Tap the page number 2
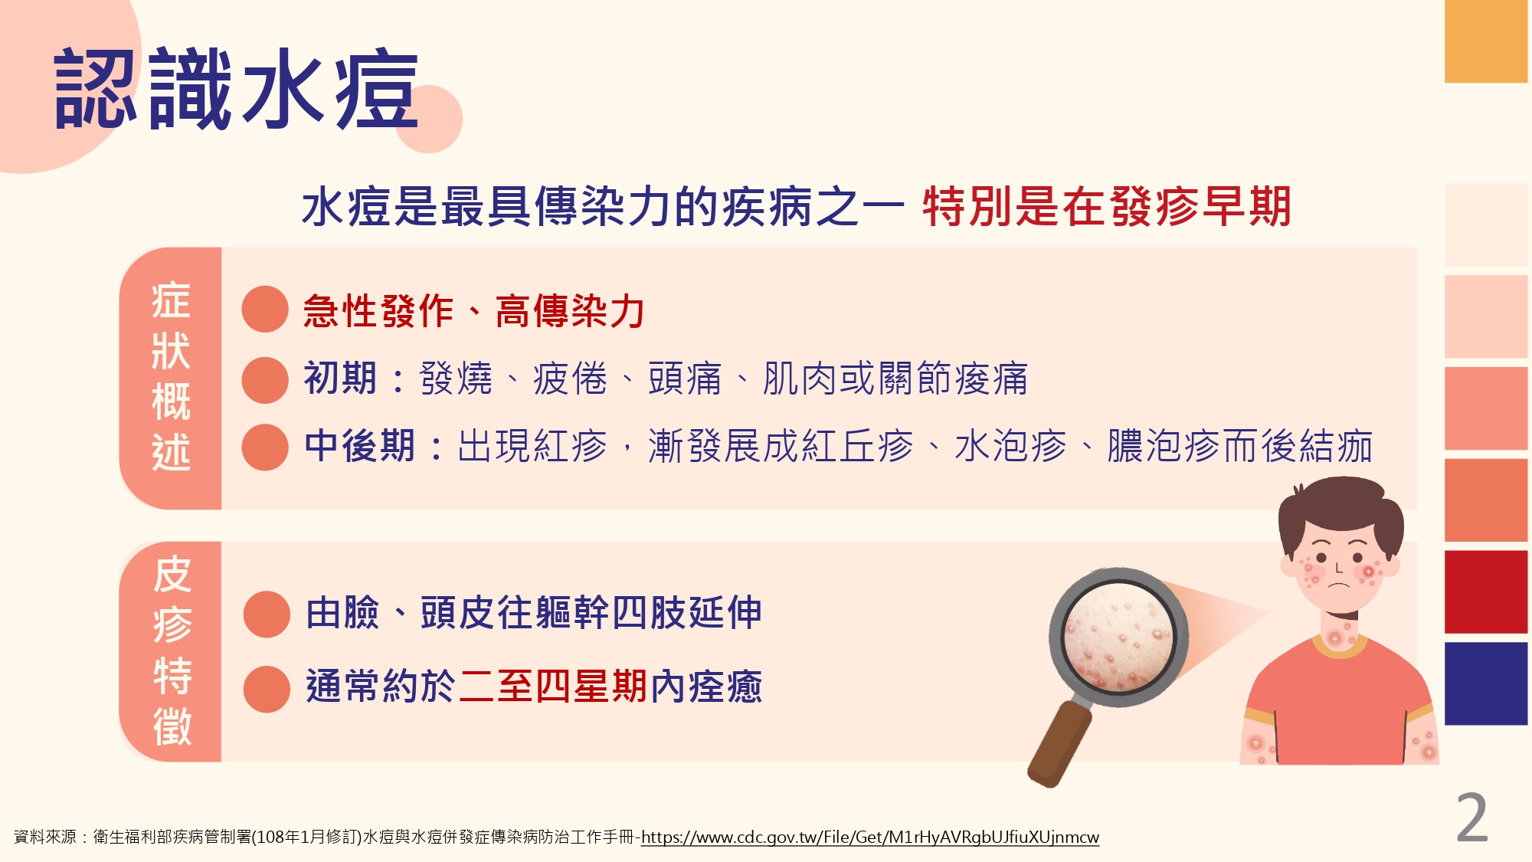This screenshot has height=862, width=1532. pyautogui.click(x=1471, y=818)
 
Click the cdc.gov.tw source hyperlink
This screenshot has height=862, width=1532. pyautogui.click(x=869, y=837)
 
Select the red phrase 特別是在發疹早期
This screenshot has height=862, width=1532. pyautogui.click(x=1107, y=207)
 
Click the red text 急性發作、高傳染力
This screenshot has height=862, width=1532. pyautogui.click(x=474, y=311)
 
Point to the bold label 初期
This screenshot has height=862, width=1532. pyautogui.click(x=340, y=379)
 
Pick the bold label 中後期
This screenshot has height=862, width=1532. pyautogui.click(x=359, y=446)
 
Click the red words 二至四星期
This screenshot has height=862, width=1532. pyautogui.click(x=553, y=686)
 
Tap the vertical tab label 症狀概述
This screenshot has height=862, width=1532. pyautogui.click(x=171, y=376)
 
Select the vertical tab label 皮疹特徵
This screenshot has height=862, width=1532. pyautogui.click(x=172, y=651)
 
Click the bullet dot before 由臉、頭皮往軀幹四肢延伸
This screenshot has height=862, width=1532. pyautogui.click(x=267, y=614)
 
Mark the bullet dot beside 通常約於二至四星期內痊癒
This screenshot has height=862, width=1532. pyautogui.click(x=267, y=689)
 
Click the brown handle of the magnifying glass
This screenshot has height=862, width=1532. pyautogui.click(x=1059, y=745)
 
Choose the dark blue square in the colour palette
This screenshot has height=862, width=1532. pyautogui.click(x=1486, y=683)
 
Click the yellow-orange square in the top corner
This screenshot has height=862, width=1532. pyautogui.click(x=1486, y=41)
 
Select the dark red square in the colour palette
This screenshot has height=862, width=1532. pyautogui.click(x=1486, y=592)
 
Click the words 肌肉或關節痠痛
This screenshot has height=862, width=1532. pyautogui.click(x=895, y=379)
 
